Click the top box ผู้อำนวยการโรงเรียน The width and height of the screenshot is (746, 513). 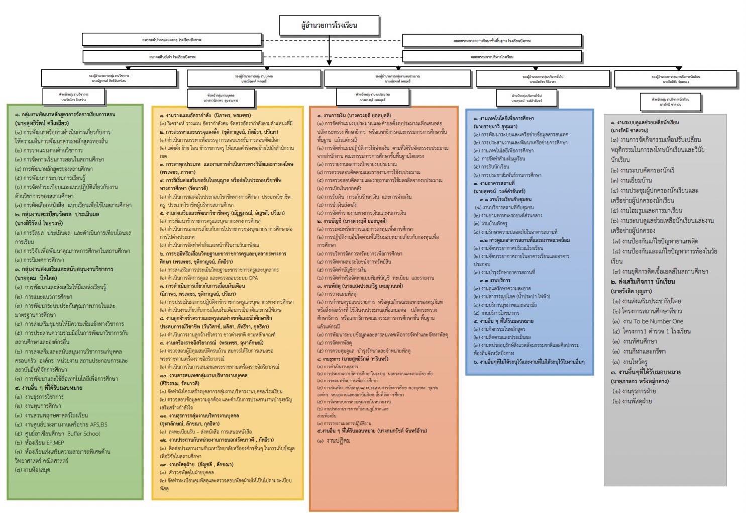tap(329, 25)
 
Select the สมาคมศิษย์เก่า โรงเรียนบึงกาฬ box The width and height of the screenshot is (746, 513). tap(172, 57)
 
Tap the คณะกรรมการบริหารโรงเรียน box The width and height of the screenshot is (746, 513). tap(491, 57)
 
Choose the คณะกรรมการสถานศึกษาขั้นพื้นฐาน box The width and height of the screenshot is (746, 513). tap(491, 40)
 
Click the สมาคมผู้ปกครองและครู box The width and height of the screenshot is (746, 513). tap(172, 39)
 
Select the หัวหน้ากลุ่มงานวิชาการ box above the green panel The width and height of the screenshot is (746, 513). tap(74, 96)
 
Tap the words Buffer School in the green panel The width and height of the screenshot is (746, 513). tap(84, 434)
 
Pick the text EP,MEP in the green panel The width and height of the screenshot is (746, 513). tap(52, 443)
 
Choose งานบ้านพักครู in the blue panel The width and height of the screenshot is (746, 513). tap(494, 223)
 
